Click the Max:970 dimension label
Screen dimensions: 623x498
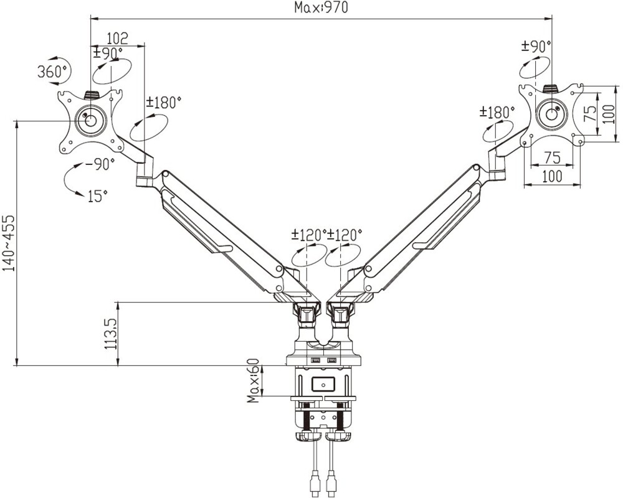pyautogui.click(x=321, y=7)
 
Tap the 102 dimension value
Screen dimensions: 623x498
pyautogui.click(x=118, y=39)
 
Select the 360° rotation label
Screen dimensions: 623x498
pyautogui.click(x=52, y=72)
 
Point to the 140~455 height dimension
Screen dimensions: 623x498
pyautogui.click(x=9, y=243)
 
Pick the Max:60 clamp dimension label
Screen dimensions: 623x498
pyautogui.click(x=253, y=380)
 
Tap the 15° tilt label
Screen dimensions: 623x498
pyautogui.click(x=97, y=196)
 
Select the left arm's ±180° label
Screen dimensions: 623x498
pyautogui.click(x=163, y=103)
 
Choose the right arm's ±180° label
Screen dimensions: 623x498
pyautogui.click(x=497, y=112)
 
